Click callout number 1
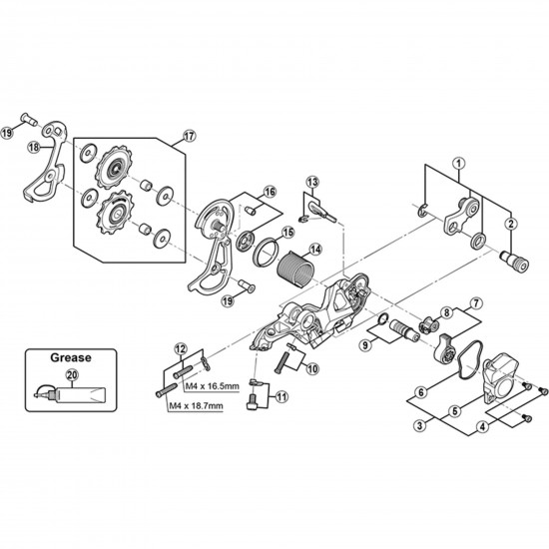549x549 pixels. [458, 162]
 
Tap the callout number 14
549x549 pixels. [314, 250]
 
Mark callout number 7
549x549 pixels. [477, 302]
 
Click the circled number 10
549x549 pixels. [313, 369]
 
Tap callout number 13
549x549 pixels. [312, 181]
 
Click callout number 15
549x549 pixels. [287, 232]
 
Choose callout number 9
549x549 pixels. [365, 345]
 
